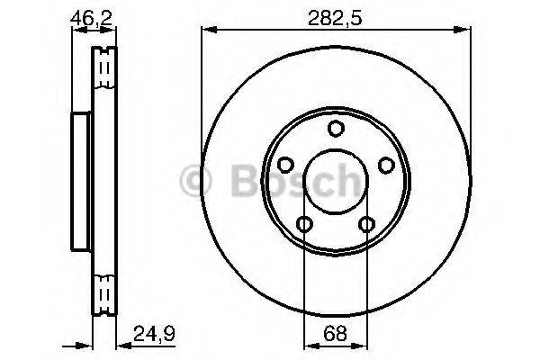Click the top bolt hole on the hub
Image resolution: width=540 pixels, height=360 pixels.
pyautogui.click(x=336, y=128)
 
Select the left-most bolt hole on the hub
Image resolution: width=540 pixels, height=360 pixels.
pyautogui.click(x=286, y=165)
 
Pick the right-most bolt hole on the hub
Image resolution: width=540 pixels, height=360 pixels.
pyautogui.click(x=386, y=165)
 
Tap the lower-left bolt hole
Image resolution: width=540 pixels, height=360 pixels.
pyautogui.click(x=305, y=223)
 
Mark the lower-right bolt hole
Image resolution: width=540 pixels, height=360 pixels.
pyautogui.click(x=366, y=223)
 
